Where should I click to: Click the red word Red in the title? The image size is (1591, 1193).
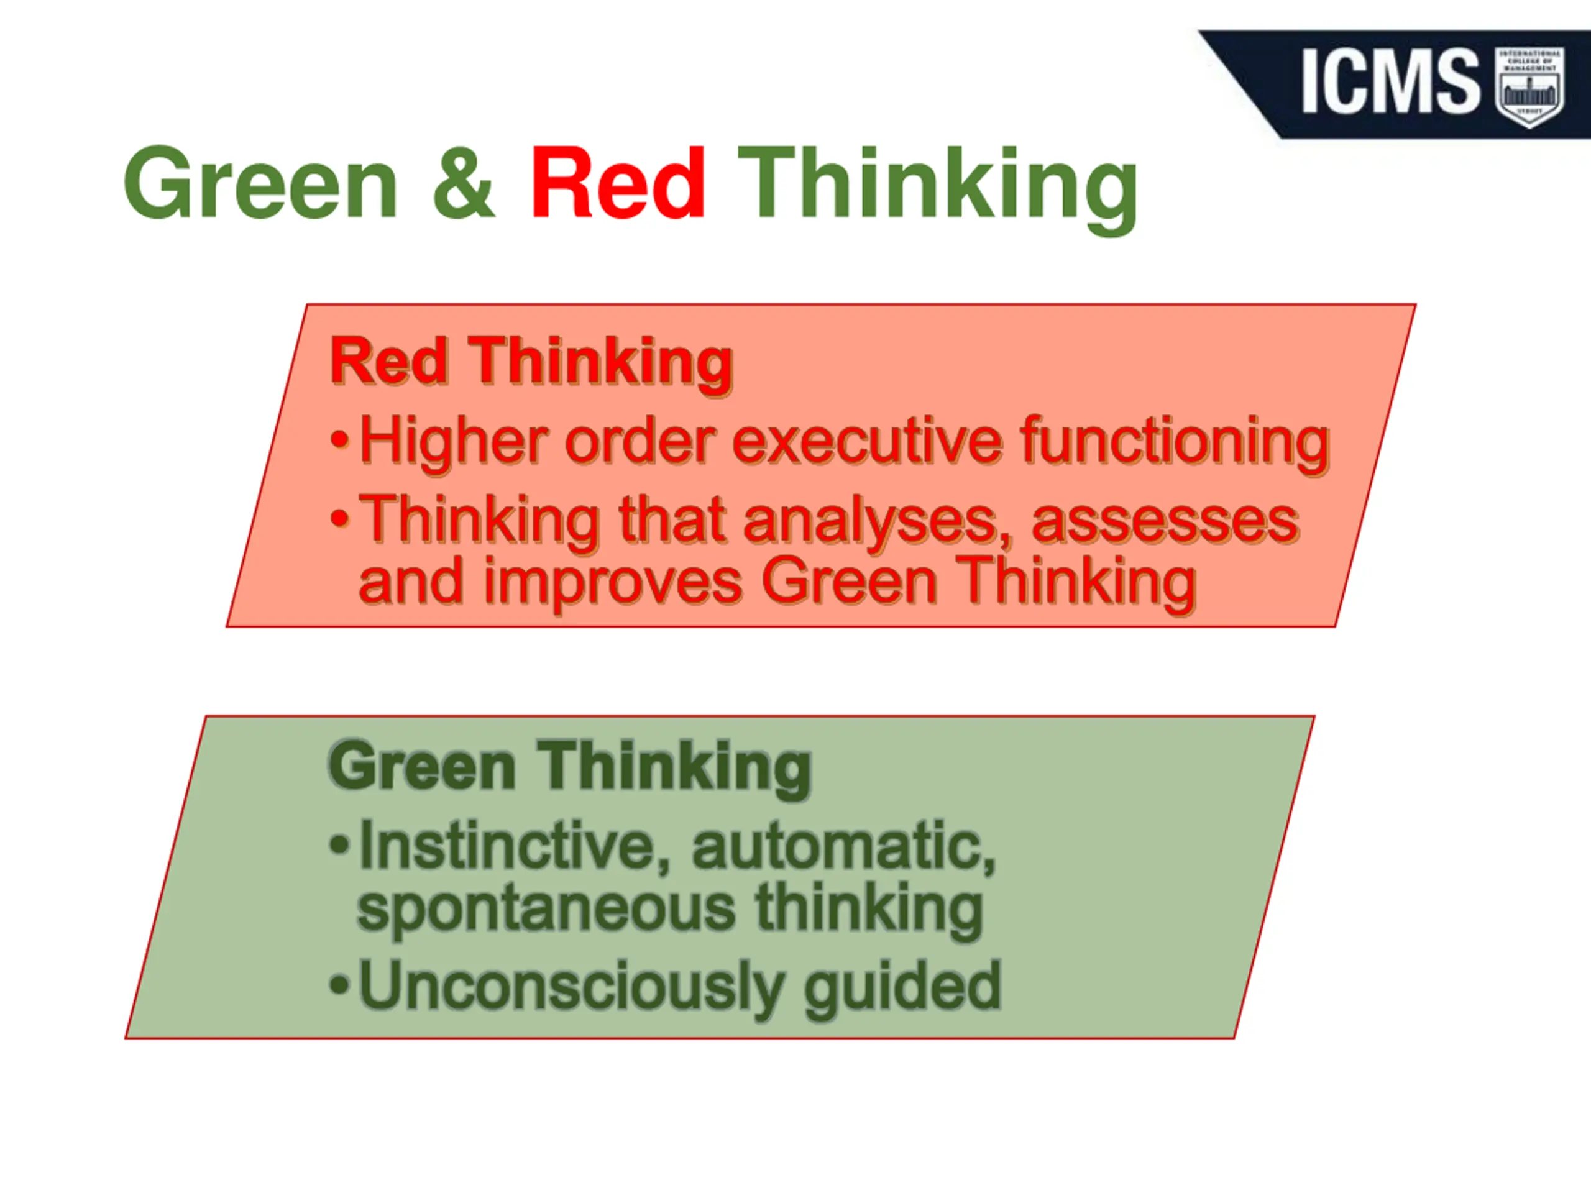click(617, 183)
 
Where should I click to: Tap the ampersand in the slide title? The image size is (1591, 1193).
click(463, 183)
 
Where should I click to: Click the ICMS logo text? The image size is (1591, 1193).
click(1390, 81)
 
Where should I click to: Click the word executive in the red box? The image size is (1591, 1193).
click(867, 440)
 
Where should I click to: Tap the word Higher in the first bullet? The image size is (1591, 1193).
click(453, 440)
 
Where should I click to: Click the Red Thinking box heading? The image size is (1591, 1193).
click(531, 361)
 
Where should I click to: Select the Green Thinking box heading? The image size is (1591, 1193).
click(570, 767)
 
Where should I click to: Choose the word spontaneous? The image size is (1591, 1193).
click(547, 909)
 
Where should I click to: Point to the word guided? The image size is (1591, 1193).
click(902, 987)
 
